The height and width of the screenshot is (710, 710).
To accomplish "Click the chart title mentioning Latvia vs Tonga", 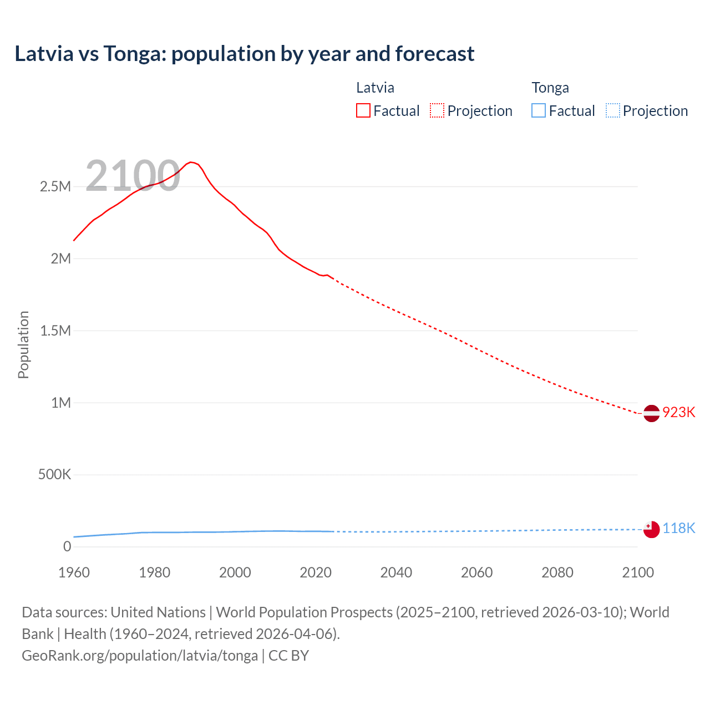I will [245, 54].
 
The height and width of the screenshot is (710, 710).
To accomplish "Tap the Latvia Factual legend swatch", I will [363, 111].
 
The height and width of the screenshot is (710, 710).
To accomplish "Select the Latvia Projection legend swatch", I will [437, 111].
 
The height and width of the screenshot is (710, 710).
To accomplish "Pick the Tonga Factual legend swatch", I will [539, 111].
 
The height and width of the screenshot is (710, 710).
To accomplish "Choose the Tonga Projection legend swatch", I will [613, 111].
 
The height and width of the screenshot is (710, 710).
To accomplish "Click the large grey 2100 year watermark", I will [133, 176].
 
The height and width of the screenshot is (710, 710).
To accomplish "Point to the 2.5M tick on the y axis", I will [55, 186].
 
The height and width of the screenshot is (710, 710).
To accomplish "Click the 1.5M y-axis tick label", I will [55, 331].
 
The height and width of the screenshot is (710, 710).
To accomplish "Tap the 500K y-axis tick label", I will [54, 475].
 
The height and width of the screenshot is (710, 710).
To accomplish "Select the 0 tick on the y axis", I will [67, 547].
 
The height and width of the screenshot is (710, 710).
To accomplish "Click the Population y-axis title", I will [23, 344].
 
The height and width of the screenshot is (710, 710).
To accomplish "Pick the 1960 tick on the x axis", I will [74, 572].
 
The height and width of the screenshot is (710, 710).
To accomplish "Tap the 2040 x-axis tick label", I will [396, 572].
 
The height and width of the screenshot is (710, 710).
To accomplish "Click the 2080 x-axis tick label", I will [557, 572].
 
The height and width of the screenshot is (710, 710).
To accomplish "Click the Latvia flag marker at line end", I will [651, 413].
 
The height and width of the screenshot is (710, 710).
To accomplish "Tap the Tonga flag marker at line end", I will [651, 529].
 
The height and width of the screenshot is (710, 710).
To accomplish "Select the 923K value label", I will [678, 413].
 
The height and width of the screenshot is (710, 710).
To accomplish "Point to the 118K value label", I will [678, 528].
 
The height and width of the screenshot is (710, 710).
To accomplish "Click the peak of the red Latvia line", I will [191, 162].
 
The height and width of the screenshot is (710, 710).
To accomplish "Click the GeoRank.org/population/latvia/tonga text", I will [140, 656].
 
